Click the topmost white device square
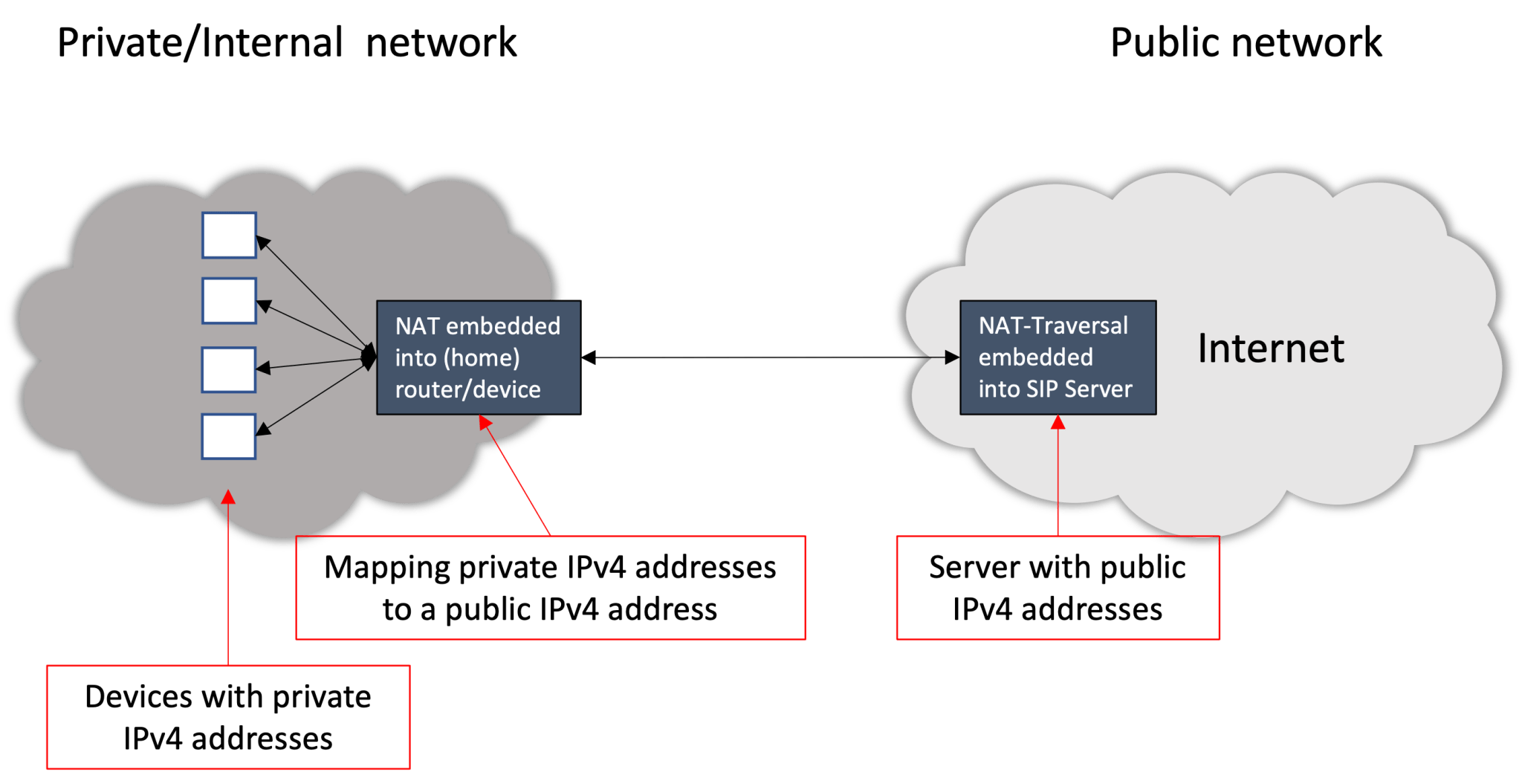point(229,236)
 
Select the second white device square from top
point(229,301)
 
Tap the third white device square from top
point(229,369)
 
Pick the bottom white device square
point(229,436)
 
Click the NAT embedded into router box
point(479,357)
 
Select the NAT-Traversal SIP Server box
point(1058,357)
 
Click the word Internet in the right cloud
point(1271,349)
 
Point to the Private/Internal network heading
point(287,42)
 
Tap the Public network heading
point(1246,42)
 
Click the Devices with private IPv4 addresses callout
point(227,717)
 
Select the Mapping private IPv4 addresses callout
point(550,588)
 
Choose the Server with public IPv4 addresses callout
point(1058,588)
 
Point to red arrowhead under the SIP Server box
point(1058,423)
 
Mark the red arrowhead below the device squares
point(229,496)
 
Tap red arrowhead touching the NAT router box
point(485,422)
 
